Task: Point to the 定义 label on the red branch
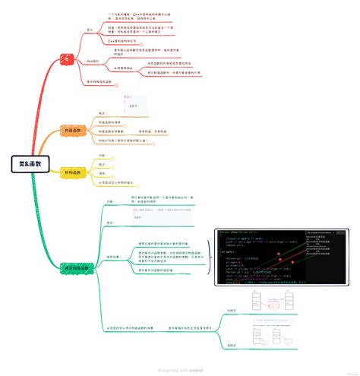click(x=90, y=32)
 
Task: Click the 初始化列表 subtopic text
click(x=126, y=141)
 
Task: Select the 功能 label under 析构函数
click(x=102, y=155)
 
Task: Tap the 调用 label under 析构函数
click(x=102, y=173)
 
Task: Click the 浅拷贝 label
click(x=232, y=310)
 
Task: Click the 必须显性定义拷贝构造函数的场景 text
click(x=132, y=327)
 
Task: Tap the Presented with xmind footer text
click(x=180, y=370)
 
